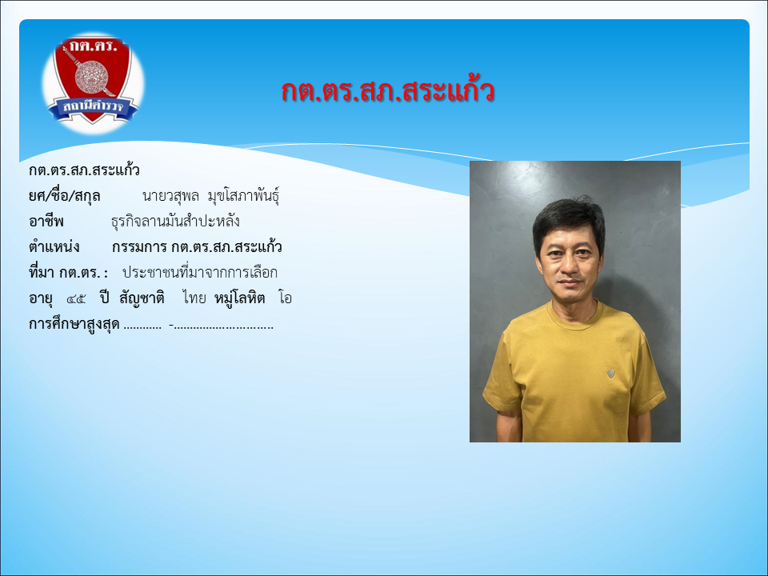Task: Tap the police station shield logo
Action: [93, 82]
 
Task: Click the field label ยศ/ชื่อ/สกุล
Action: [65, 196]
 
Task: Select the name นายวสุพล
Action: [170, 196]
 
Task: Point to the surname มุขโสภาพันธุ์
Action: [243, 196]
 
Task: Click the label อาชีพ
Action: [46, 222]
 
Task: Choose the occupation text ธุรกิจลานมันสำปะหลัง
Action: [175, 222]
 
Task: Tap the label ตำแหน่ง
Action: [54, 246]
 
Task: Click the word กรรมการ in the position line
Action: [139, 247]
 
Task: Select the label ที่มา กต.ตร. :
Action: [68, 272]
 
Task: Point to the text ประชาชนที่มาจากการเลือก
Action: [200, 272]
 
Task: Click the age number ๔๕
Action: [76, 298]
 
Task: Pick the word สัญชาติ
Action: [142, 298]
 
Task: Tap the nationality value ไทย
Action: [194, 298]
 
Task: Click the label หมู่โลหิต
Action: [239, 298]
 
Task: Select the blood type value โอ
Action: [285, 298]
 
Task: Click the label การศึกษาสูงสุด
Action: [74, 324]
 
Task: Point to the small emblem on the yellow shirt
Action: [610, 374]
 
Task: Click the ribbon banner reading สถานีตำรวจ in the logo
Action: [93, 107]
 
